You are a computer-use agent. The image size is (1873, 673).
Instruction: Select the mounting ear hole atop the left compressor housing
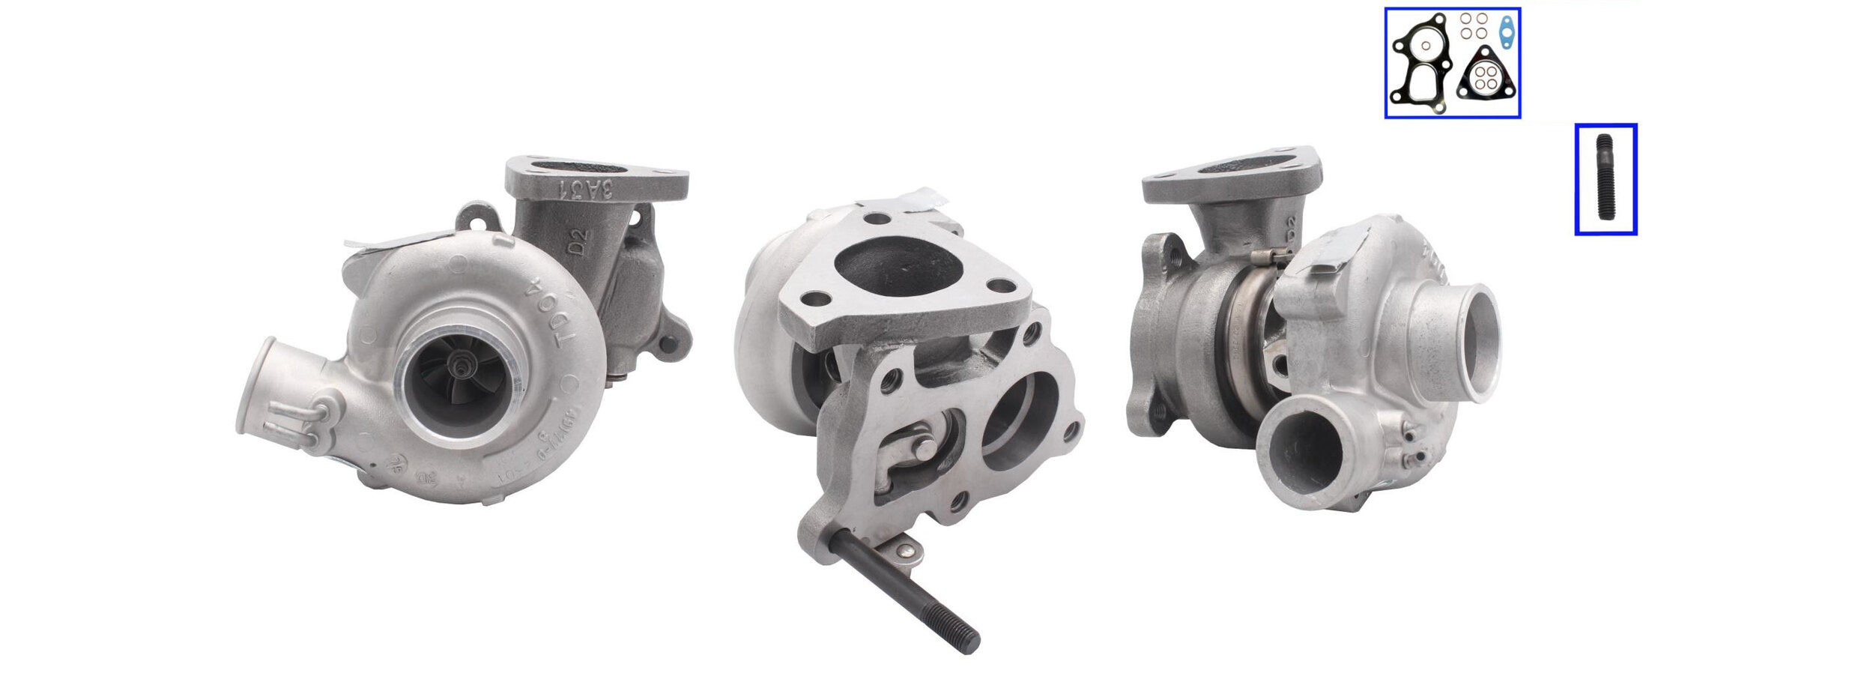(x=476, y=220)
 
